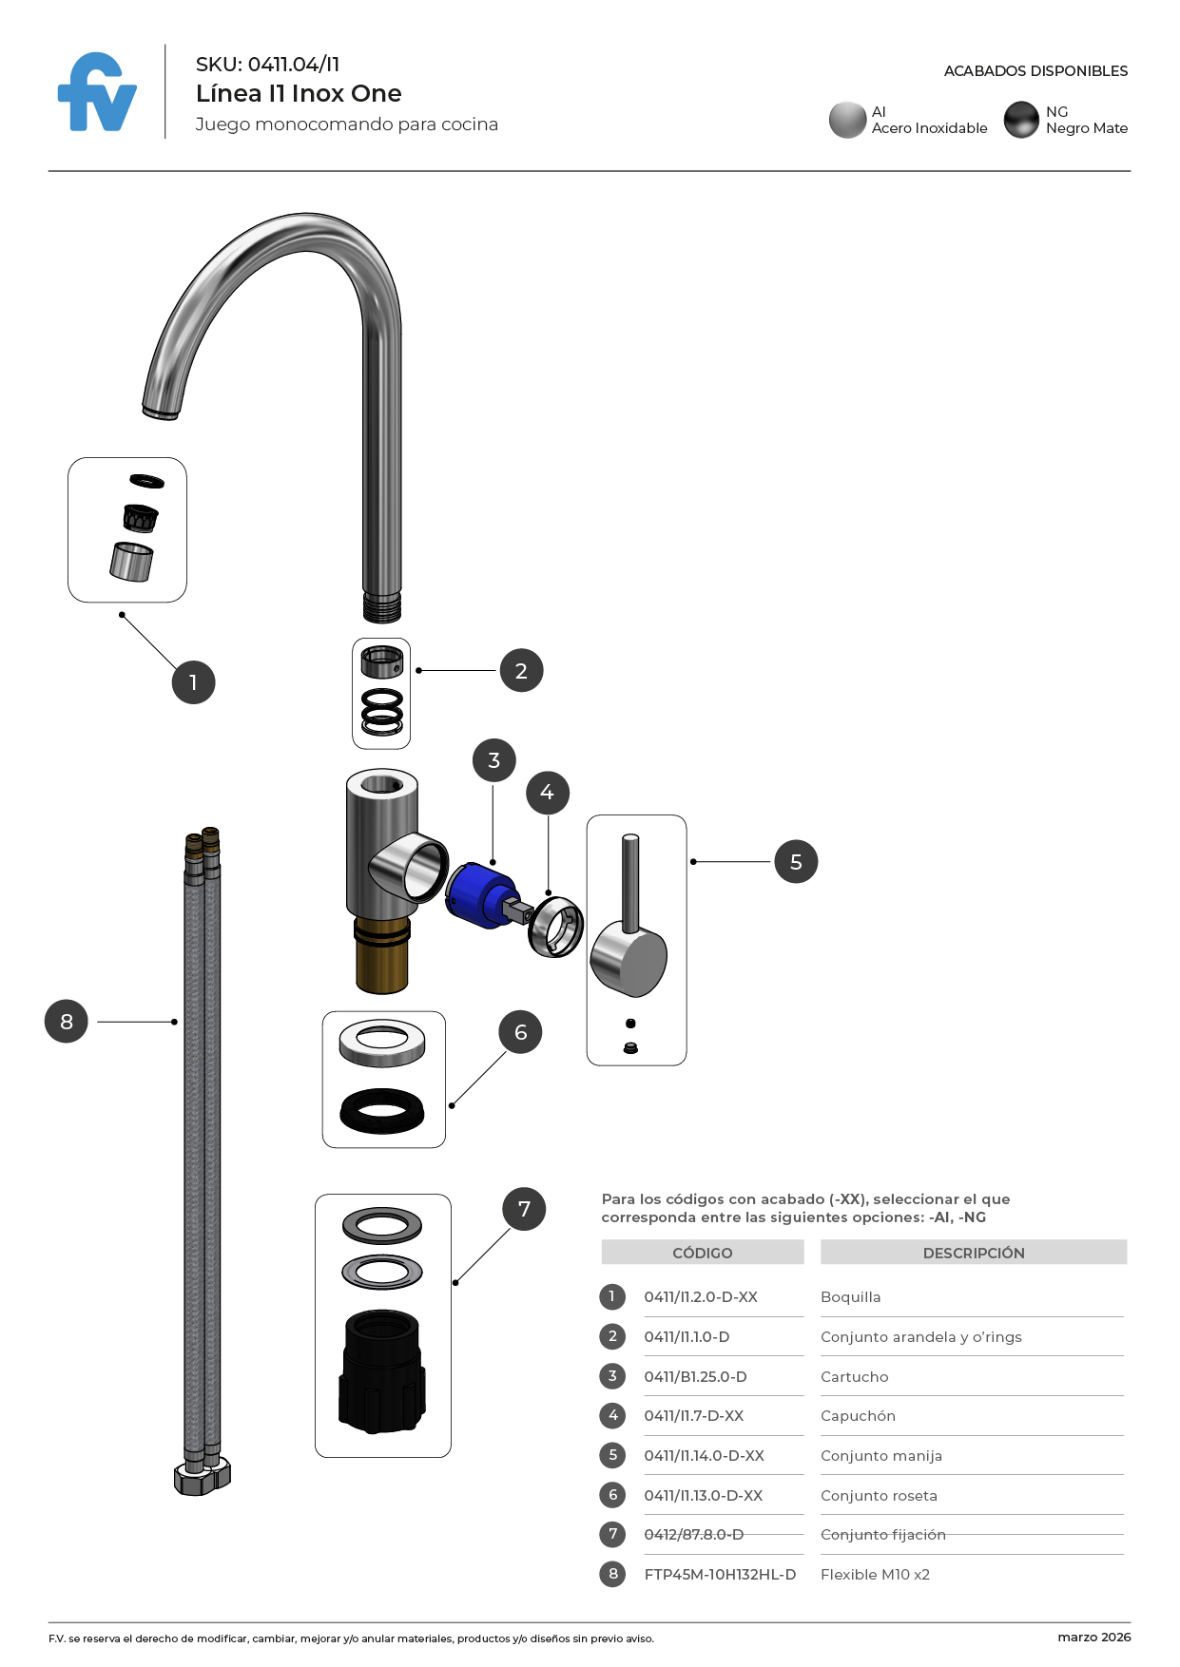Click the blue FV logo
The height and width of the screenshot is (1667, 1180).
coord(97,93)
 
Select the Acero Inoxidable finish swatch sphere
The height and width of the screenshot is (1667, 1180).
coord(846,120)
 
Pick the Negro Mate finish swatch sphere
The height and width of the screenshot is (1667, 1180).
coord(1021,120)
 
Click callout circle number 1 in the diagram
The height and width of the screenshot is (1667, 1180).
coord(193,682)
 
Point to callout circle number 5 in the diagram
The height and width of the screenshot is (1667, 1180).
coord(796,862)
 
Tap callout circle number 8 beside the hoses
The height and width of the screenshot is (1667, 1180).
coord(67,1022)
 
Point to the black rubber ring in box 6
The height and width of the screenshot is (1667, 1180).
coord(382,1110)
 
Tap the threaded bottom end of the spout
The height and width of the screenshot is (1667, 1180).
coord(381,606)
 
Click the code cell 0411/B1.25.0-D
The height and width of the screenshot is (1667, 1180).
coord(695,1376)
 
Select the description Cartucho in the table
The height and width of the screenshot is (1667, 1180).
coord(854,1376)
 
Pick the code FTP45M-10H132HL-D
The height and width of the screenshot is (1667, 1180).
coord(720,1574)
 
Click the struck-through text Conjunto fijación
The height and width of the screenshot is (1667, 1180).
coord(882,1534)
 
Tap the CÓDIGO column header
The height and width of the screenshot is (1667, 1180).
coord(702,1253)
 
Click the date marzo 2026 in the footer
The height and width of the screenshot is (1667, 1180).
coord(1093,1637)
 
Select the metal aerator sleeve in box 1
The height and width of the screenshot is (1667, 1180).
coord(131,561)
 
